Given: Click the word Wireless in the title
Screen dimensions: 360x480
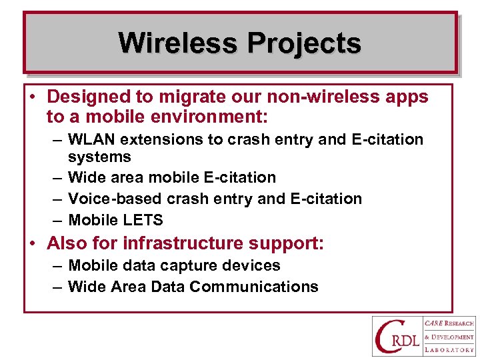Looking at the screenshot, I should pos(178,43).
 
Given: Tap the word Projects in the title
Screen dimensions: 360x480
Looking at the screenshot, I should pos(304,43).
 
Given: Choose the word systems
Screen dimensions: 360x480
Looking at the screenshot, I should pos(99,157).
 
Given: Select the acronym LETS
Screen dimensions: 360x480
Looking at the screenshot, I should pos(145,220).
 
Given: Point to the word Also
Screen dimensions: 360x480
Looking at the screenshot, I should pos(65,243).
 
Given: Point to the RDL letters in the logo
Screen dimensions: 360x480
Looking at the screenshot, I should pos(405,343).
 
